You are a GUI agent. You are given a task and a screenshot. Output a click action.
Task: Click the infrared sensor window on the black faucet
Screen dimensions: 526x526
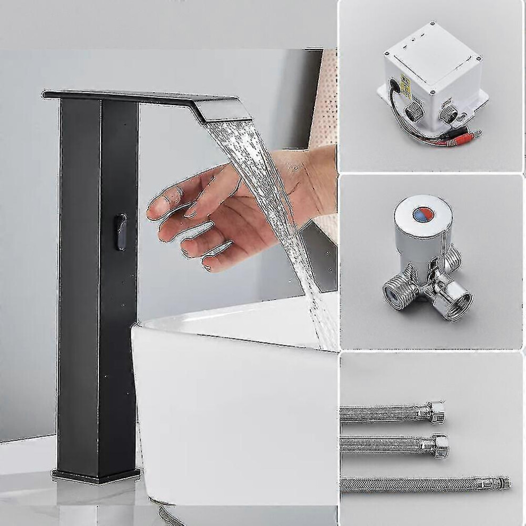tap(122, 232)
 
